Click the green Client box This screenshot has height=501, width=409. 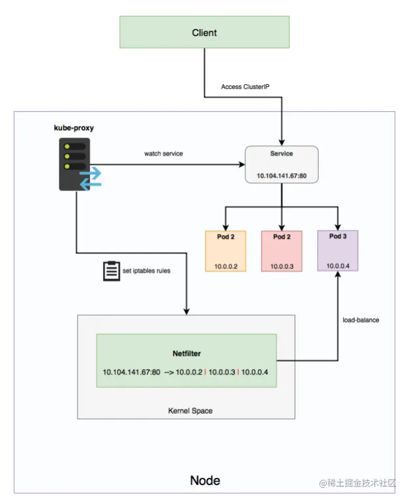(x=204, y=32)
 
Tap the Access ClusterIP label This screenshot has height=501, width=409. (x=245, y=87)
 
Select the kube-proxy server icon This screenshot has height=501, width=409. (x=75, y=164)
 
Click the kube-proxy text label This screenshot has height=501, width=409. (x=74, y=127)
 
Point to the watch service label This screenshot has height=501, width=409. (x=163, y=154)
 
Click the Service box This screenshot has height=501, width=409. (x=281, y=164)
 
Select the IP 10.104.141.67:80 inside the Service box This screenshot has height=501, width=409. (x=281, y=176)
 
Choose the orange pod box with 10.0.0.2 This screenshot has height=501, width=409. (x=226, y=251)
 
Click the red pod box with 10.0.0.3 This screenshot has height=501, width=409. (x=281, y=251)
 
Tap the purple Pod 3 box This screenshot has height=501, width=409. (x=337, y=251)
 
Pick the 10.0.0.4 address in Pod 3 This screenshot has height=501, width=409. (x=337, y=266)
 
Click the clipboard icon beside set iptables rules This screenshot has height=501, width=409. (x=111, y=270)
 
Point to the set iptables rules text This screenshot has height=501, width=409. (x=146, y=271)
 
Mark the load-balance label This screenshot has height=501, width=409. (x=361, y=320)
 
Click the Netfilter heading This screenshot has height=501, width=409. (x=186, y=353)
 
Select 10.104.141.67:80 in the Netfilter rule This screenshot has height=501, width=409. (x=131, y=373)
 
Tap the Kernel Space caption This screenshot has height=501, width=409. (x=190, y=411)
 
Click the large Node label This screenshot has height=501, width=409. (x=204, y=480)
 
